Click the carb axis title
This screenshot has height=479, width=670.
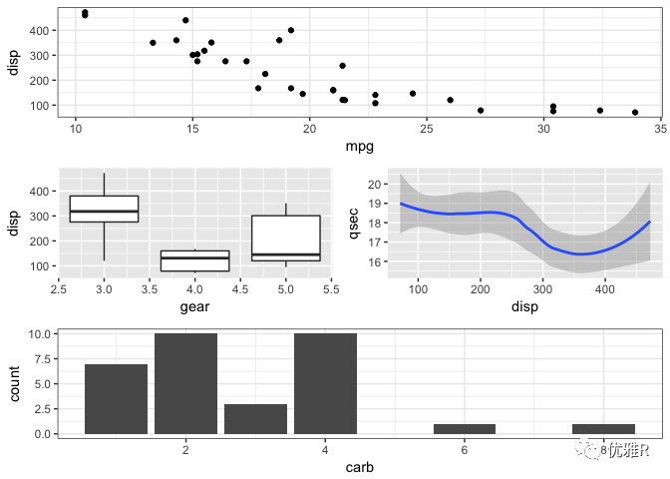pyautogui.click(x=360, y=467)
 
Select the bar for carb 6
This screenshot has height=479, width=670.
pyautogui.click(x=465, y=429)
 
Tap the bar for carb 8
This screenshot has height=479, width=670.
pyautogui.click(x=603, y=429)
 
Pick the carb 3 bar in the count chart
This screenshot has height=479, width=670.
pyautogui.click(x=255, y=419)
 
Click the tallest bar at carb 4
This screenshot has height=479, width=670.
pyautogui.click(x=325, y=384)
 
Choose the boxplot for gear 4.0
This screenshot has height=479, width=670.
pyautogui.click(x=194, y=260)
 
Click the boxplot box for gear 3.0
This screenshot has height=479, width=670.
pyautogui.click(x=104, y=209)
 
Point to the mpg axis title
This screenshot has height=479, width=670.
pyautogui.click(x=359, y=148)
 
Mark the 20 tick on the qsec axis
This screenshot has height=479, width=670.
pyautogui.click(x=374, y=185)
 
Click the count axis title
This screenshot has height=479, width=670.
pyautogui.click(x=16, y=383)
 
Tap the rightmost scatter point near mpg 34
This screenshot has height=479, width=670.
pyautogui.click(x=635, y=113)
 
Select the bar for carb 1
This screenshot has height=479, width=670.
pyautogui.click(x=116, y=399)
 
